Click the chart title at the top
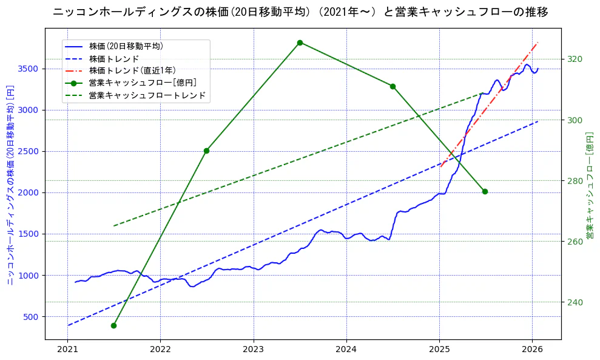(x=300, y=12)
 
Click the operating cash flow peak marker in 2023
(x=300, y=42)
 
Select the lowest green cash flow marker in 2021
(x=113, y=325)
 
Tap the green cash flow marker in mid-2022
(x=206, y=151)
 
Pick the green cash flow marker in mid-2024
(x=393, y=86)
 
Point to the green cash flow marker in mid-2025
(x=485, y=192)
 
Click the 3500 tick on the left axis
(x=30, y=69)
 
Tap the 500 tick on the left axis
(x=32, y=317)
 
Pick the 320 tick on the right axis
(x=575, y=59)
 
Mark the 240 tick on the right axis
(x=575, y=302)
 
